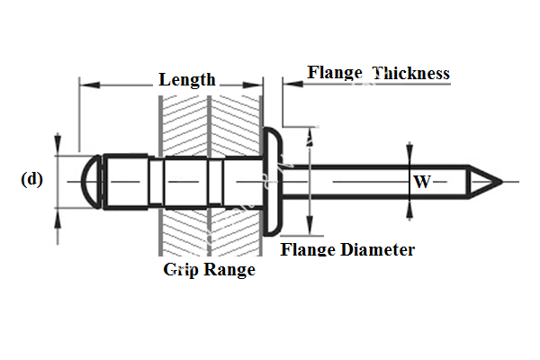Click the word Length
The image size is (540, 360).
point(187,79)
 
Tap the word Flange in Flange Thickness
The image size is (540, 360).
point(334,72)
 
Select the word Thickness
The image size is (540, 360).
point(410,73)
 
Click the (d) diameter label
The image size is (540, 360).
point(31,178)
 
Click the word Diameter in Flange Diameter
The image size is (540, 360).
point(376,249)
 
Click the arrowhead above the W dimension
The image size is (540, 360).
point(410,150)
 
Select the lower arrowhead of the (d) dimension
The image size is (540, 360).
point(58,217)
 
